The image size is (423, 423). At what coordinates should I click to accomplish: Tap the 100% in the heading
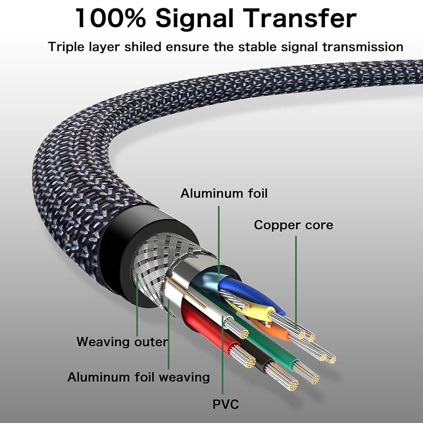pyautogui.click(x=111, y=19)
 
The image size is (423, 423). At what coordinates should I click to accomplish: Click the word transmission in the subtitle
pyautogui.click(x=363, y=47)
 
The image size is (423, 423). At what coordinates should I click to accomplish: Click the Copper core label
pyautogui.click(x=294, y=225)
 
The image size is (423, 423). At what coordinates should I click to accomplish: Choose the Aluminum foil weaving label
pyautogui.click(x=139, y=376)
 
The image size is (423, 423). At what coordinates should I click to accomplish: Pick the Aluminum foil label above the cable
pyautogui.click(x=224, y=193)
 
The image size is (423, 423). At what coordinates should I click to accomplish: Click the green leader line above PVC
pyautogui.click(x=222, y=360)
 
